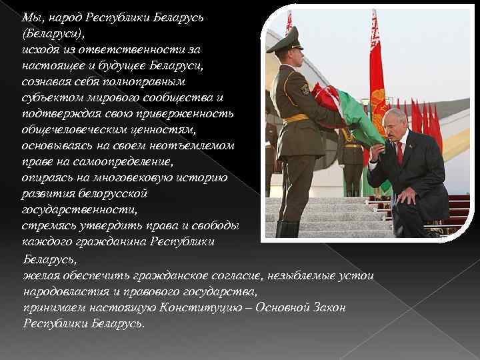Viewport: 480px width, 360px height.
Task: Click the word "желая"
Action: click(x=39, y=275)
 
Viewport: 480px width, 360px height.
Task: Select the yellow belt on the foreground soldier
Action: click(x=296, y=118)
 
